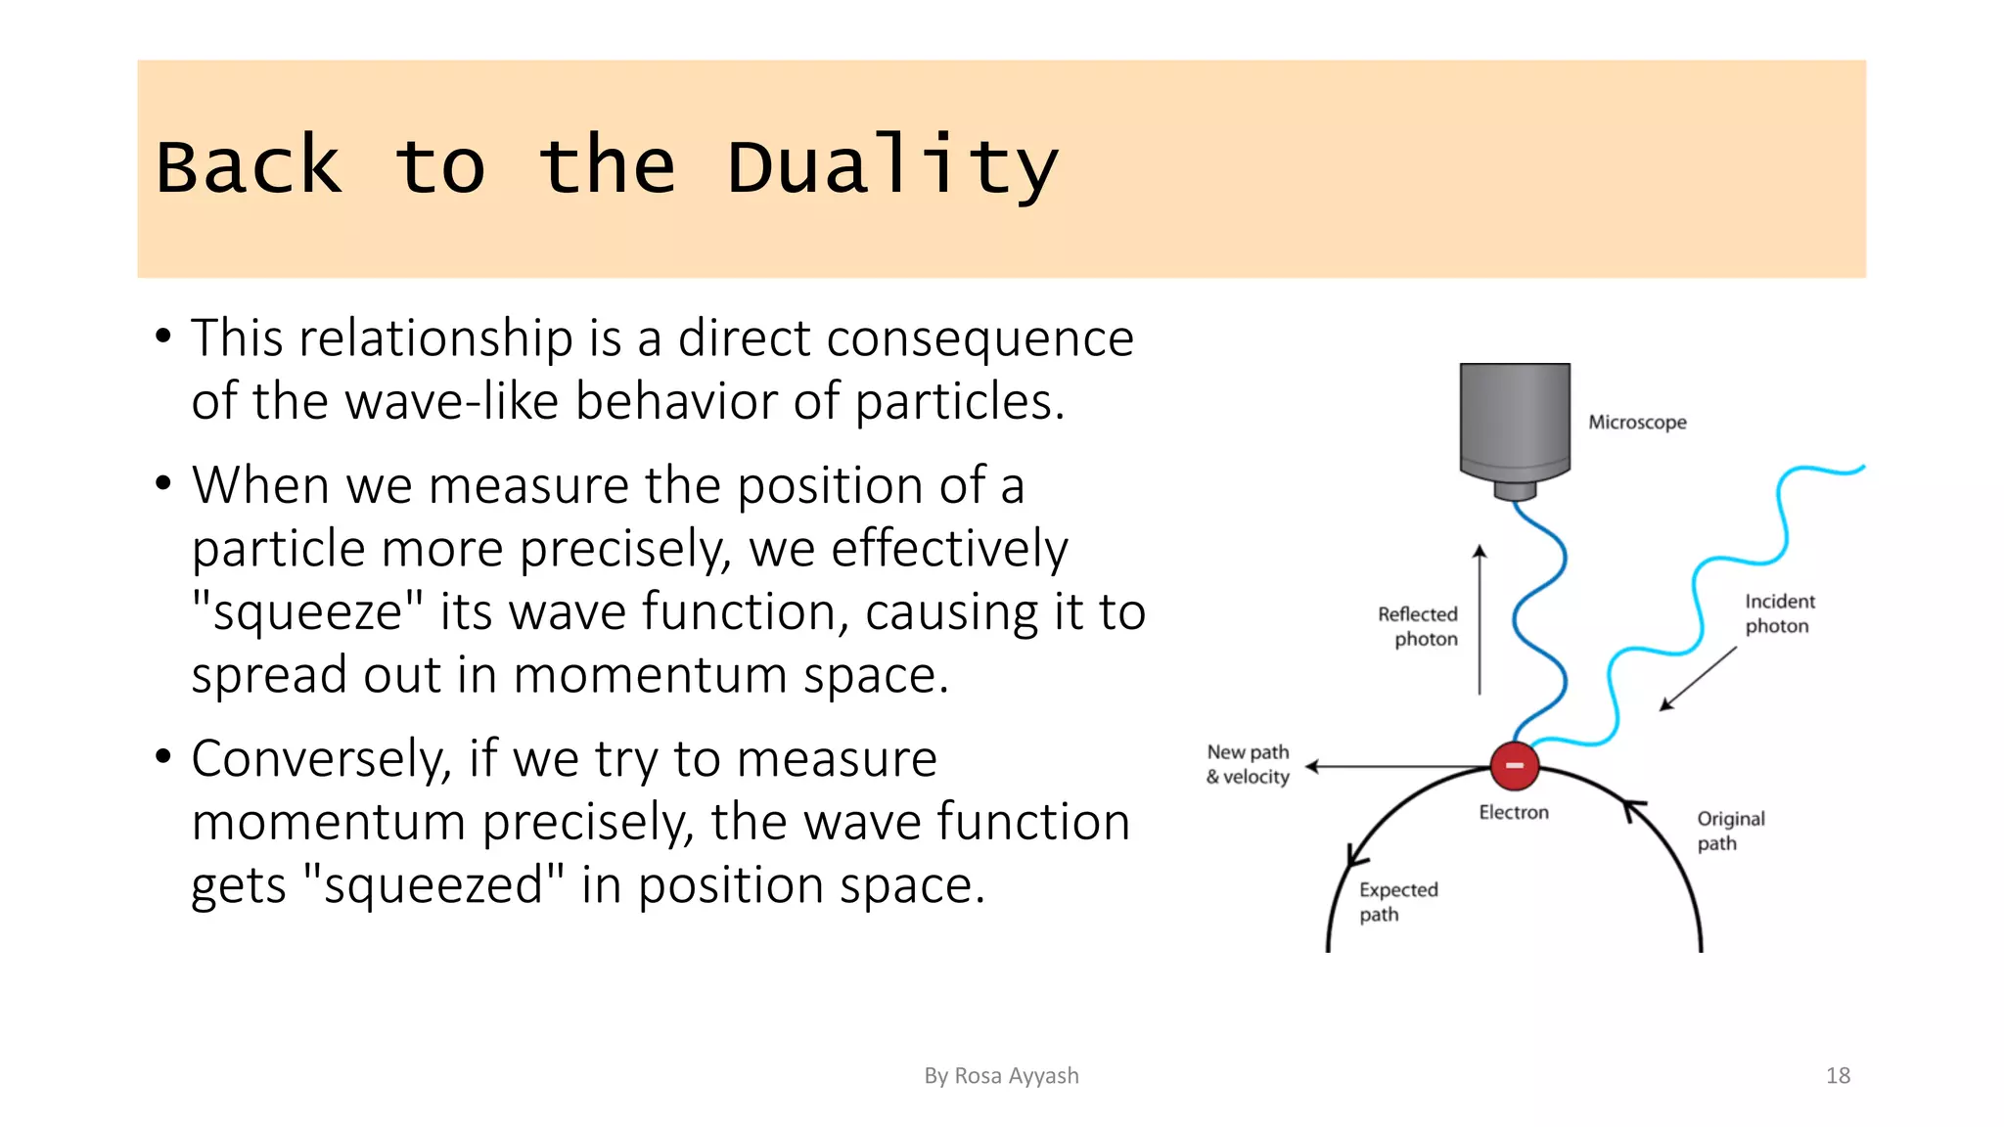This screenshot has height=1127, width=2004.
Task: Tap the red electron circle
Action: point(1514,765)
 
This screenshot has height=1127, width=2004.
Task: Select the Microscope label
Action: point(1637,423)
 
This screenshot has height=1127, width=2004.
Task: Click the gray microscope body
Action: point(1515,421)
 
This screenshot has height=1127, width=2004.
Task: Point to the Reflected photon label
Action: point(1418,626)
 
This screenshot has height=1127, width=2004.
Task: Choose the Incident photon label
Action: point(1779,613)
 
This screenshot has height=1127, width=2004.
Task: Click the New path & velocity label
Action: point(1248,764)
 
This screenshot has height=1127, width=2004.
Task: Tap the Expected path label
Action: point(1397,901)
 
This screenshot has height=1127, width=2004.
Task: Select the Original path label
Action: point(1730,831)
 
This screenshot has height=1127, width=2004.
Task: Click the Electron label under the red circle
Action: point(1513,812)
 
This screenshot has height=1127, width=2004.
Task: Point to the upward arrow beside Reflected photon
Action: point(1480,620)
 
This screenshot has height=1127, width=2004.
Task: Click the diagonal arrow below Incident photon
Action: point(1698,678)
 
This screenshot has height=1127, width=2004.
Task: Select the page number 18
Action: point(1838,1075)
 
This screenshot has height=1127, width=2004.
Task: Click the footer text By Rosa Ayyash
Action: point(1001,1075)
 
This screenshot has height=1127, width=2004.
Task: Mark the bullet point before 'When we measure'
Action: point(163,483)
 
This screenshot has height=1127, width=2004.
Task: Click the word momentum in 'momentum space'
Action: point(649,676)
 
